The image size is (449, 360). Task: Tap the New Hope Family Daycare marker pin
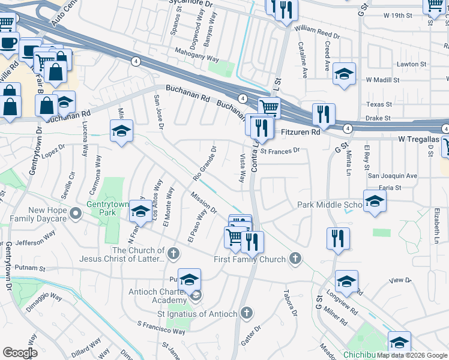(76, 214)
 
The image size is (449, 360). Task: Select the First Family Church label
(250, 259)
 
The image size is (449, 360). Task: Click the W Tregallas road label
(419, 139)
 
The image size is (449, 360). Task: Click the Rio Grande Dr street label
(205, 163)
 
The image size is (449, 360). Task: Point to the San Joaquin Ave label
(392, 176)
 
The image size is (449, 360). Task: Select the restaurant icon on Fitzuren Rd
(324, 114)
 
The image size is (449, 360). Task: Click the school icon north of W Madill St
(344, 74)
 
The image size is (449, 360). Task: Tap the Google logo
(20, 353)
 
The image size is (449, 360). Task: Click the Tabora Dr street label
(289, 305)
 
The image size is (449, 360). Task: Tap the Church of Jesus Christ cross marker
(173, 254)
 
